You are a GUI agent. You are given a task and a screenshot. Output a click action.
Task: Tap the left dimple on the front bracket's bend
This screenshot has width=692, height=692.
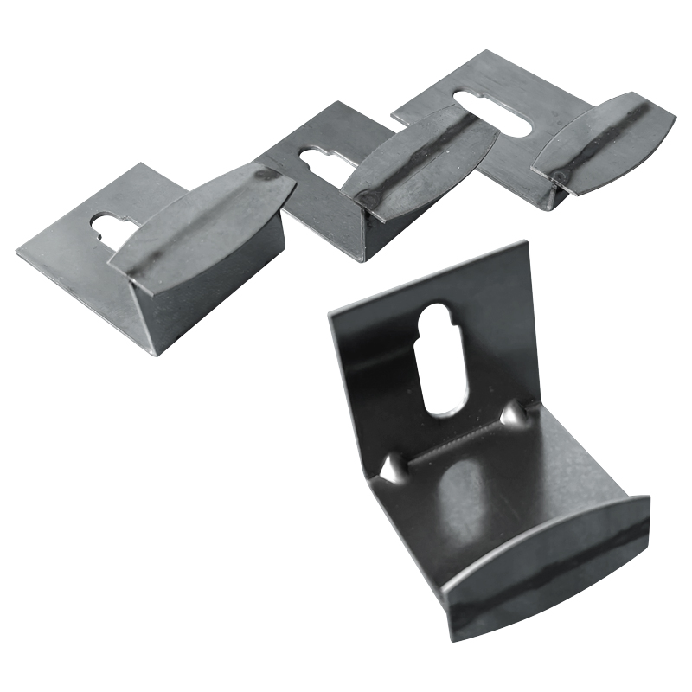pyautogui.click(x=392, y=469)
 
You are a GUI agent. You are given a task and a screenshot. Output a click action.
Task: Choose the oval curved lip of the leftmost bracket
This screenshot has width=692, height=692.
pyautogui.click(x=203, y=225)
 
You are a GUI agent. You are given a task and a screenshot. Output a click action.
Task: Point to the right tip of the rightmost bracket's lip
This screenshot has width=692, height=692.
pyautogui.click(x=673, y=116)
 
